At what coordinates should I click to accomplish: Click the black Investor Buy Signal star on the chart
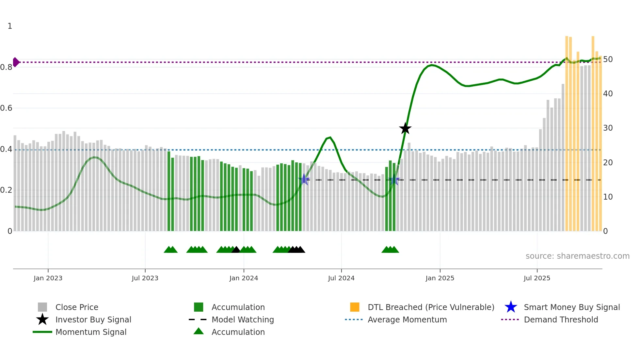point(405,128)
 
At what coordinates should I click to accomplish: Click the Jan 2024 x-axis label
point(244,278)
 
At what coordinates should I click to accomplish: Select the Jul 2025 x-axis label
point(537,278)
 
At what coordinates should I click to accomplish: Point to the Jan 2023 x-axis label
point(48,278)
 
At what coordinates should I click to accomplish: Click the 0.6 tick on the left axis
point(6,108)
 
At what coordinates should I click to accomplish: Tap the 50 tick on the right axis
point(608,59)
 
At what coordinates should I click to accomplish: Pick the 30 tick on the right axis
point(608,128)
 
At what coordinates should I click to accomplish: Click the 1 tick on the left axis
point(10,26)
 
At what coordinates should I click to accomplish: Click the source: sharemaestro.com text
point(577,256)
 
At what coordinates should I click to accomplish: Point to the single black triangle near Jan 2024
point(236,250)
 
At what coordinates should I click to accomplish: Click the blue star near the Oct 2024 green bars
point(394,180)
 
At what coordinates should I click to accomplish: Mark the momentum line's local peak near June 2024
point(330,137)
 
